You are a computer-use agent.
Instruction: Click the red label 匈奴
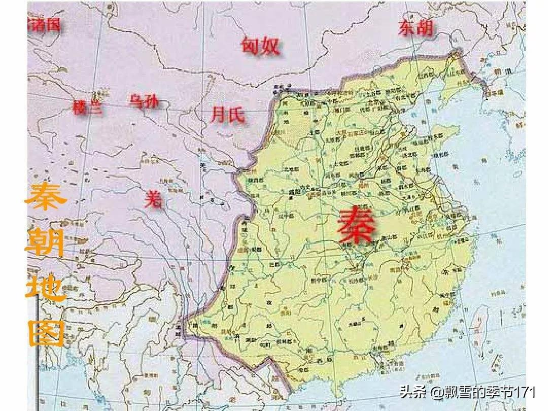pyautogui.click(x=260, y=46)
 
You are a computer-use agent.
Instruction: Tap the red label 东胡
pyautogui.click(x=416, y=28)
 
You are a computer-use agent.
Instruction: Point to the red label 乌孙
pyautogui.click(x=144, y=101)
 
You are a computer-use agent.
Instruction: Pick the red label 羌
pyautogui.click(x=154, y=199)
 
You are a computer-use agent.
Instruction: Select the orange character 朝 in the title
pyautogui.click(x=46, y=244)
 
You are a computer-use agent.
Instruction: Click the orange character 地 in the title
pyautogui.click(x=46, y=287)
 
